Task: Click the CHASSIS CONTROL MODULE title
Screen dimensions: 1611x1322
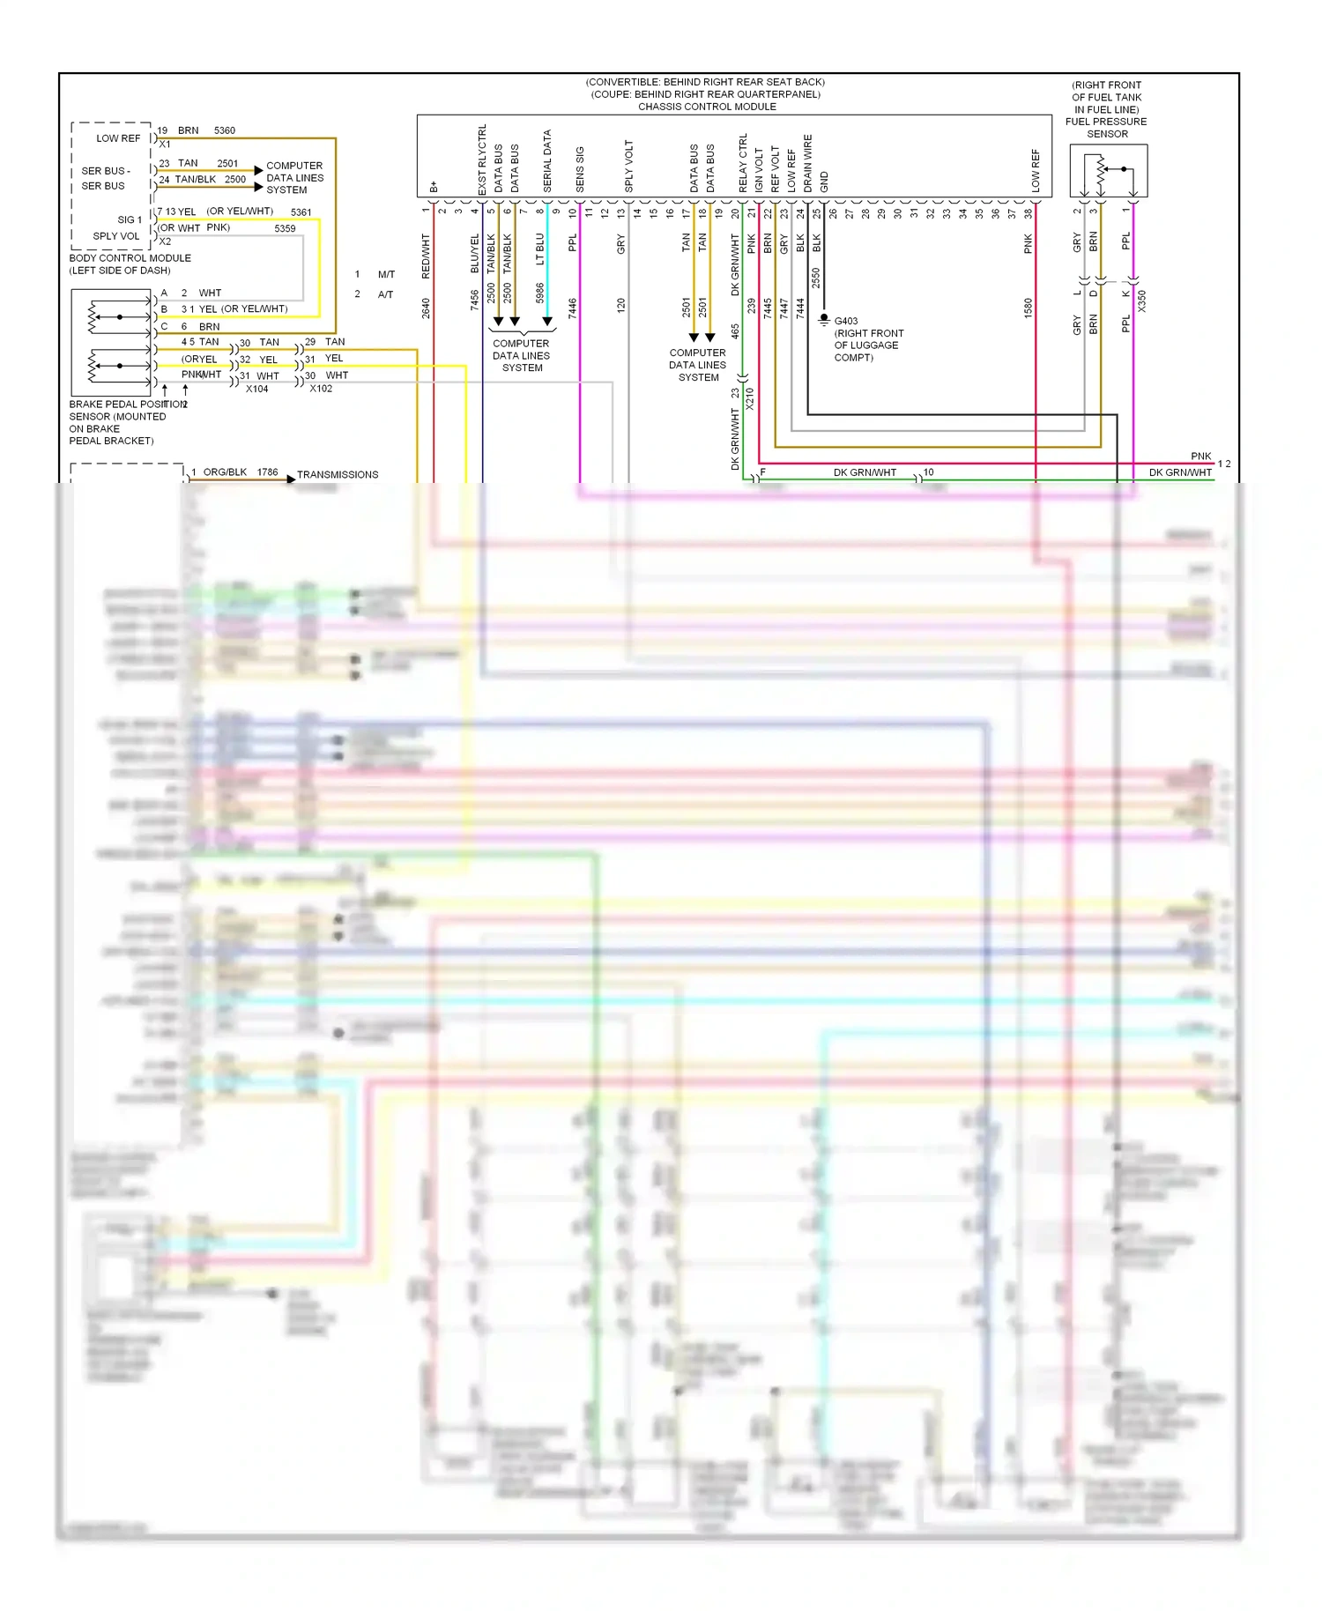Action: (707, 107)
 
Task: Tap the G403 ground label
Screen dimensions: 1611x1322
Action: (846, 321)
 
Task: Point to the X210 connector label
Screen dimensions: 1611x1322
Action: (750, 398)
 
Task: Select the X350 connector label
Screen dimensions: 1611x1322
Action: (1142, 301)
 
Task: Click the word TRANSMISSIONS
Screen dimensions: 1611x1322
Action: (338, 474)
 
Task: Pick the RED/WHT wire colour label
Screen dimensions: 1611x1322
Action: (426, 256)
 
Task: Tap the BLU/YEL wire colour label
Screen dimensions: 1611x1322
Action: (475, 253)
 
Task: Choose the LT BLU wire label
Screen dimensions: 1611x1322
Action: (540, 249)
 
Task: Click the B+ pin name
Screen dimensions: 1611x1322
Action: (434, 187)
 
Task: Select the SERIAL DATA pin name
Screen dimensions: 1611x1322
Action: (547, 161)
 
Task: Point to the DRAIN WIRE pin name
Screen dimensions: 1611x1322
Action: (808, 163)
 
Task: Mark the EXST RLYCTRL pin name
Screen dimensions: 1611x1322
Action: (482, 160)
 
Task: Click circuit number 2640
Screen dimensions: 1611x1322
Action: (426, 308)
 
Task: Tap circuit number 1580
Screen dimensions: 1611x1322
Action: (1028, 308)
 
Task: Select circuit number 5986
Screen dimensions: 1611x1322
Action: (540, 293)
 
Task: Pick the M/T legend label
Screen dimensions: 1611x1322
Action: (386, 274)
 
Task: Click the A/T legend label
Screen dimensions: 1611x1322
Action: (385, 294)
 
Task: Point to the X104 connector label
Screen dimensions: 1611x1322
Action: (257, 389)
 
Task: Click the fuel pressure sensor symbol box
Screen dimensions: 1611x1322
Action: (1108, 170)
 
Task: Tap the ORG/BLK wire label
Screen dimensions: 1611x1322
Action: (225, 472)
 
